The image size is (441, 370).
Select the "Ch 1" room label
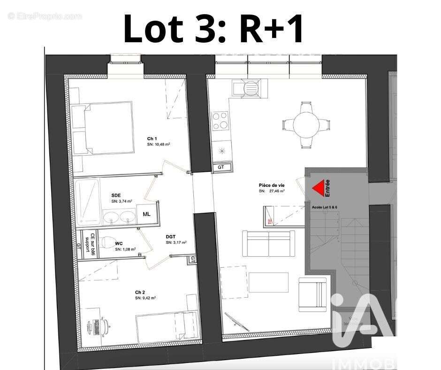(152, 139)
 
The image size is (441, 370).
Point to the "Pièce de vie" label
(272, 185)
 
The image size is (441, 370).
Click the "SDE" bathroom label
(116, 195)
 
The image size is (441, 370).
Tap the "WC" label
(119, 244)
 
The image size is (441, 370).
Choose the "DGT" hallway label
(171, 237)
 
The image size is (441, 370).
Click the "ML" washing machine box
(147, 214)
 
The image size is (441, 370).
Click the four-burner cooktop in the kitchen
(220, 120)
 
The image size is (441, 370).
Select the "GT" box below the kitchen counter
(221, 167)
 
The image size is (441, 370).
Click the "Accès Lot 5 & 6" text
(324, 207)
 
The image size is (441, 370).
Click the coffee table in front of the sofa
(268, 282)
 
